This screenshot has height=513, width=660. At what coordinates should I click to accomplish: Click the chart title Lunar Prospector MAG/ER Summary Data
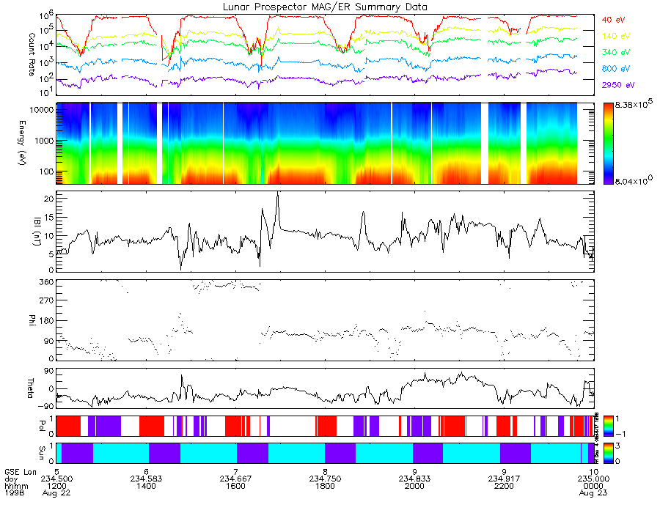(325, 7)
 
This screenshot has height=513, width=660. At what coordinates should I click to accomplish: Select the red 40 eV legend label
(613, 19)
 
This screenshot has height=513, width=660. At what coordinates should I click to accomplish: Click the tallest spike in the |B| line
(277, 193)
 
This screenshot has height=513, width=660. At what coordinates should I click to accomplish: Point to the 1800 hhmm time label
(325, 486)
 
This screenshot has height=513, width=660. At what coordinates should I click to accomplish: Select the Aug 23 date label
(593, 494)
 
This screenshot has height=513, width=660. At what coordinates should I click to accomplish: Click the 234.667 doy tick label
(236, 479)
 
